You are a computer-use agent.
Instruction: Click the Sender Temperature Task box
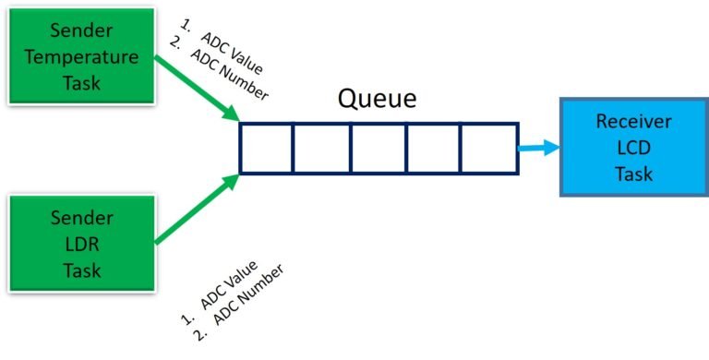click(81, 57)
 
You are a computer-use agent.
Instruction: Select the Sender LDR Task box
click(81, 245)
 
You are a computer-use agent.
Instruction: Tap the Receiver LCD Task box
click(624, 148)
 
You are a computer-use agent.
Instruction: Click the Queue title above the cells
click(377, 99)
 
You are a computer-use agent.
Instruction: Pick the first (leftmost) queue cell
click(267, 148)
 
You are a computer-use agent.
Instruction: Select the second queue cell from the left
click(322, 148)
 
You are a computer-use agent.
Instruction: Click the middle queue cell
click(379, 148)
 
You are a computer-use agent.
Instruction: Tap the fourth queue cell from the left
click(434, 148)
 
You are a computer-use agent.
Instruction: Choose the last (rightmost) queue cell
click(488, 148)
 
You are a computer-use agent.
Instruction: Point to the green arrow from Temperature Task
click(196, 88)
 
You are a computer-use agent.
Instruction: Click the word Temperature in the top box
click(81, 57)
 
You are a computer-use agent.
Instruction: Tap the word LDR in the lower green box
click(81, 245)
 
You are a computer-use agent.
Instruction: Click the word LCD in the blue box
click(624, 148)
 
